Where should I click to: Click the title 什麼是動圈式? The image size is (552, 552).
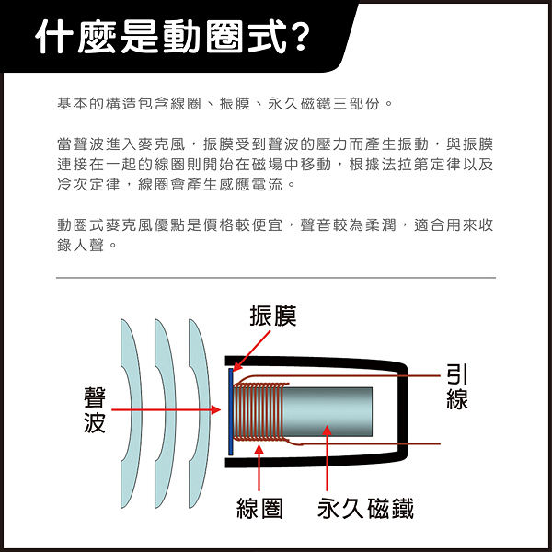(173, 36)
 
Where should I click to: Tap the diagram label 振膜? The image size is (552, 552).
(273, 316)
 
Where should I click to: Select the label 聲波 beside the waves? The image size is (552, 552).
(95, 410)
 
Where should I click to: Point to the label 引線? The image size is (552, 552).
(457, 386)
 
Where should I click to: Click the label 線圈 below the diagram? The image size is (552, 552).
(259, 509)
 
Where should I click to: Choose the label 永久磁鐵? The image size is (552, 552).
(365, 509)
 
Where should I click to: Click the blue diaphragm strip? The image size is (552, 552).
(231, 411)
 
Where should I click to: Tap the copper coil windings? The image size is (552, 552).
(261, 411)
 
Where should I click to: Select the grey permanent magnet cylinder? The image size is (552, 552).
(328, 411)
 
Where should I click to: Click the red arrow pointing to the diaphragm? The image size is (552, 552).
(251, 351)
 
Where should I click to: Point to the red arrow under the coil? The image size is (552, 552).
(259, 468)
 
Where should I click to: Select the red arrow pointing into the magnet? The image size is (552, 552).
(327, 458)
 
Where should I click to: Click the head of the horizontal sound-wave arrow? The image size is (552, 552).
(216, 409)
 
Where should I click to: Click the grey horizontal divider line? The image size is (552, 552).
(276, 278)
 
